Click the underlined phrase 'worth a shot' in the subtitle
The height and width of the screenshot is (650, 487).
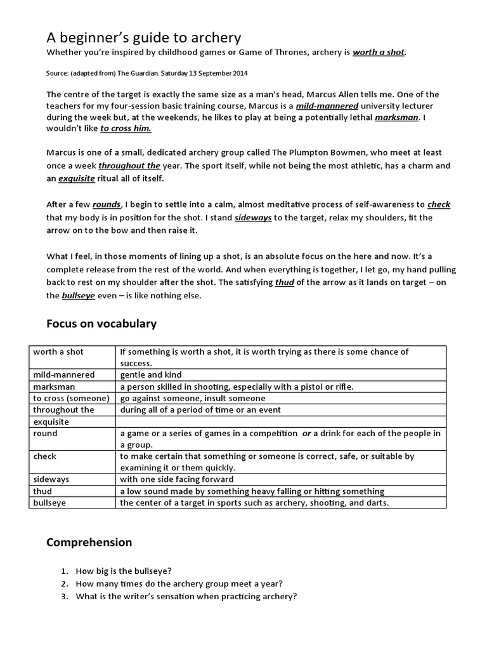(379, 53)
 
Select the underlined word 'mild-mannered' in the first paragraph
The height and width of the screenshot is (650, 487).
(332, 105)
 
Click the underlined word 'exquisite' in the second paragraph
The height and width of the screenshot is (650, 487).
(77, 178)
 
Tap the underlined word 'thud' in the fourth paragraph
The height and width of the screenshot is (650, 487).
(284, 282)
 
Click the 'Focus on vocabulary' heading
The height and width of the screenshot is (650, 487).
(101, 324)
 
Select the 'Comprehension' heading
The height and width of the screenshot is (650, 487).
(89, 542)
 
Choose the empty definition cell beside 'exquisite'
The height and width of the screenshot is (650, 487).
(282, 421)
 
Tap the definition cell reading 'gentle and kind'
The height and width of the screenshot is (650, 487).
(150, 375)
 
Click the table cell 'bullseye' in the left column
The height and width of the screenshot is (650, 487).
(51, 503)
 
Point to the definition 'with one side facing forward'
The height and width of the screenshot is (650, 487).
(176, 479)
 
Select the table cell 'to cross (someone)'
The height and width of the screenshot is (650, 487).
(71, 398)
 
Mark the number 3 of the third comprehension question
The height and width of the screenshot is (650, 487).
(65, 596)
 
